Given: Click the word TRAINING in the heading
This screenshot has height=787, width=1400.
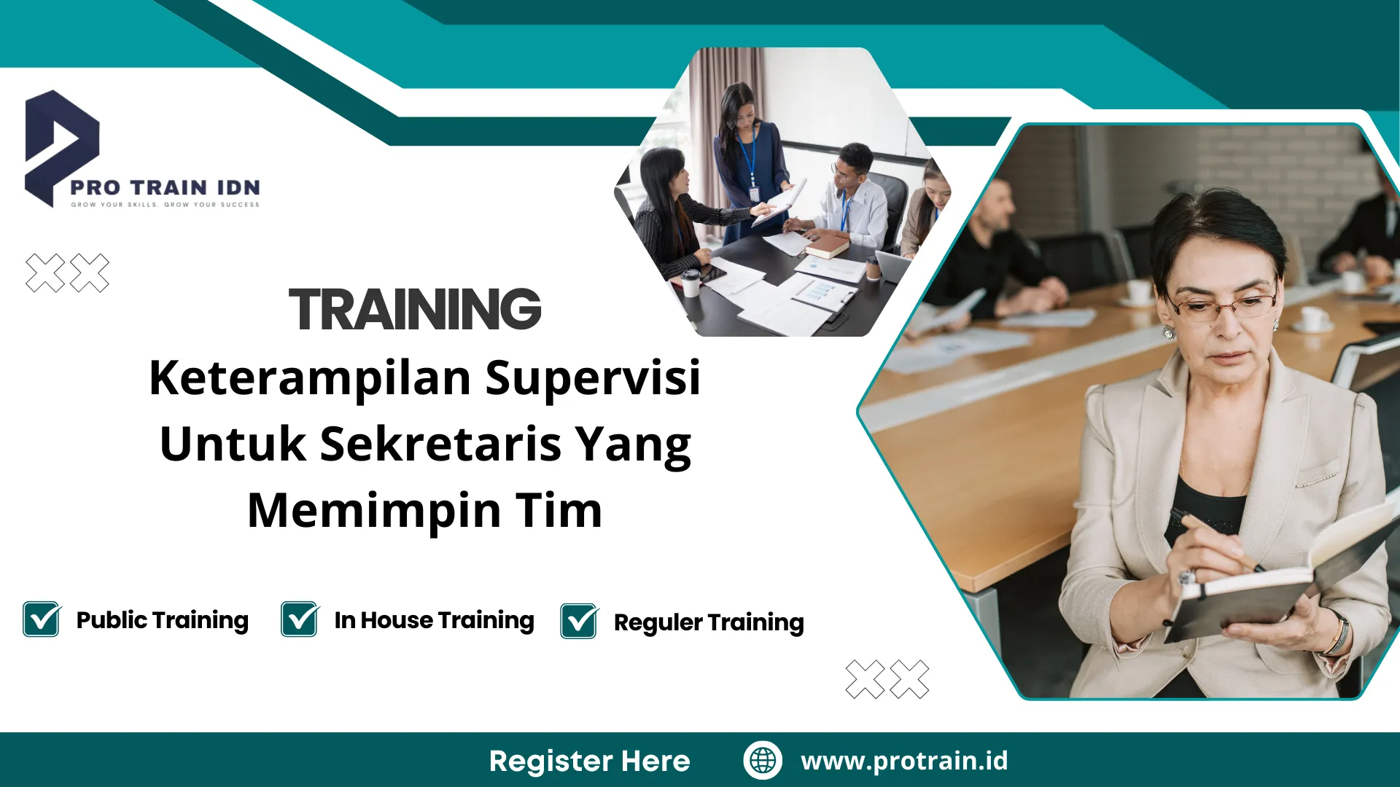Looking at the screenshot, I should pos(415,309).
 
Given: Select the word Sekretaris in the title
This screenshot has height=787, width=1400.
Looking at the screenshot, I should pos(440,445).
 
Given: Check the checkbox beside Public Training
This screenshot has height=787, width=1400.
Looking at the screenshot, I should pos(42,619).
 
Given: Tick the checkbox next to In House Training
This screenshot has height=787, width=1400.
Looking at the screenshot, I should pos(300,619).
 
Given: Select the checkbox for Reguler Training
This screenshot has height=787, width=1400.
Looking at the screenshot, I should pos(579,622).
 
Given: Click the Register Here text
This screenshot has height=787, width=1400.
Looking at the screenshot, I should pos(589,761).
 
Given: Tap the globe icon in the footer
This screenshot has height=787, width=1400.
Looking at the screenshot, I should pos(763,760).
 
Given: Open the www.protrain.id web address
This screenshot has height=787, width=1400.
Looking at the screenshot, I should pos(904,761).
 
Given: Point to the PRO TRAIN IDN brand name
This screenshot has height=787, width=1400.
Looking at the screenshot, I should pos(166,187).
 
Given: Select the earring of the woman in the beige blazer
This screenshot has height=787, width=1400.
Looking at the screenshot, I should pos(1168,332).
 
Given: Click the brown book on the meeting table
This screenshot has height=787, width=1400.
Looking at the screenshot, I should pos(827,246).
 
